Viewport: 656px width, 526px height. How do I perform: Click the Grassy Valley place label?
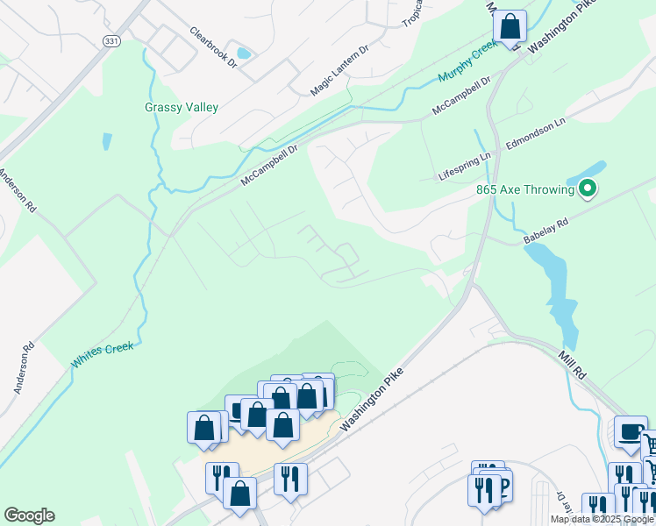(181, 108)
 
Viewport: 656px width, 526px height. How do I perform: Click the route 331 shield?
(111, 41)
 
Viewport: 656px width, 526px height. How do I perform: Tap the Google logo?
(29, 515)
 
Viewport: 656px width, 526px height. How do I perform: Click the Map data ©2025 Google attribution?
(602, 519)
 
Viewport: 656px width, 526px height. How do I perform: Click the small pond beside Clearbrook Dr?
(243, 53)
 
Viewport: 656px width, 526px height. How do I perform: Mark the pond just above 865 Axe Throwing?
(593, 168)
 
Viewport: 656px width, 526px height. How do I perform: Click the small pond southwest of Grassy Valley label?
(107, 141)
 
